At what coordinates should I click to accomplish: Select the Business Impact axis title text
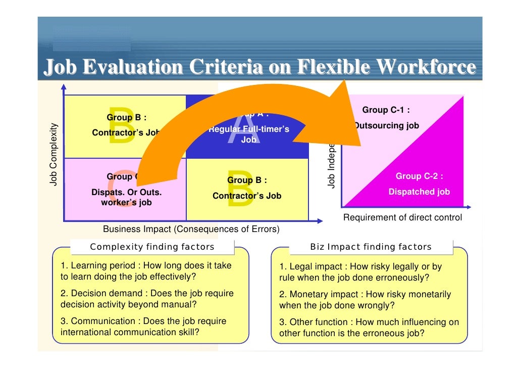191,229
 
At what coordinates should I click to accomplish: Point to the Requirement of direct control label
402,217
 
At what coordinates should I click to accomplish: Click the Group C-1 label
386,110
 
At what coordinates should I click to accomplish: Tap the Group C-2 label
420,176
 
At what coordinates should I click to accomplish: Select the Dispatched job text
419,192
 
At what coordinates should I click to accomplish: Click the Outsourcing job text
387,125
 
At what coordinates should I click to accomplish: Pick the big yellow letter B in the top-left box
121,125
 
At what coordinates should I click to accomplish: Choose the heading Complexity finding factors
152,247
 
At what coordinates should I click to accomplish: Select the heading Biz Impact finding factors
371,247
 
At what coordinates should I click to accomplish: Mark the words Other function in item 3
318,322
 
